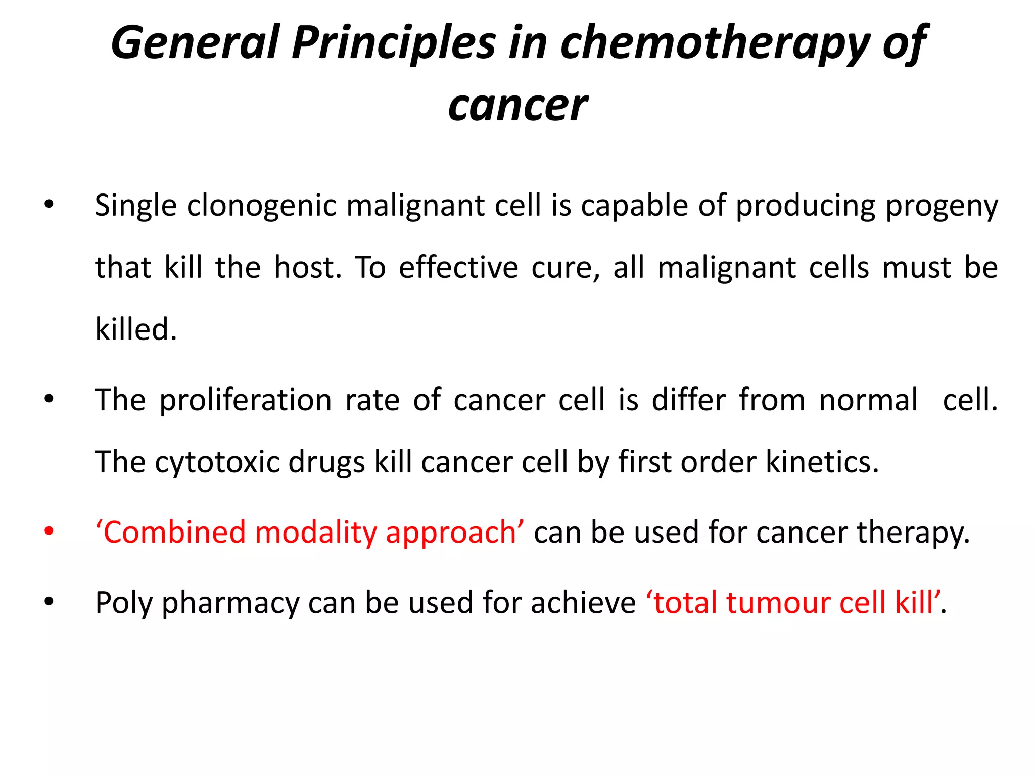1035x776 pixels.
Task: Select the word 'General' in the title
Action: pos(195,43)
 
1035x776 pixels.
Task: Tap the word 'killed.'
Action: pos(136,329)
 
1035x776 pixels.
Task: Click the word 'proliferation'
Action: pos(246,401)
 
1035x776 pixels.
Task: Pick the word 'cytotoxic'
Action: pos(217,462)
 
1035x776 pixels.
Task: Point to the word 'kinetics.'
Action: pos(822,462)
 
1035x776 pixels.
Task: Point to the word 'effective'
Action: pos(458,268)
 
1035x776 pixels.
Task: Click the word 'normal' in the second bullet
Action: pos(868,401)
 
